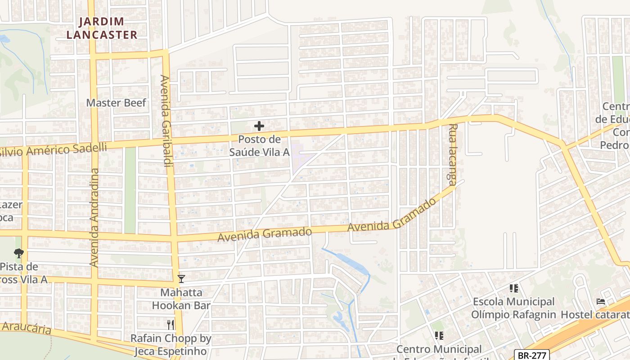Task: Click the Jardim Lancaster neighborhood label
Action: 108,28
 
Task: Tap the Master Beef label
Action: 116,103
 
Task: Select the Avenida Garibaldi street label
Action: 165,121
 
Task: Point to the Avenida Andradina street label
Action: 94,217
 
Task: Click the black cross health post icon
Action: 259,126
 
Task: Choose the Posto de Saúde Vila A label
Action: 259,146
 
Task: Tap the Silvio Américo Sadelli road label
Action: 54,150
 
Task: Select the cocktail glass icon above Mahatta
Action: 181,279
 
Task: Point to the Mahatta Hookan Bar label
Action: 181,299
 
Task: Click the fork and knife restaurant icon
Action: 170,324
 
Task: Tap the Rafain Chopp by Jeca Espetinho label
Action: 170,345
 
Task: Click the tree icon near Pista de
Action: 18,253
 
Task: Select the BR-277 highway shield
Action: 532,355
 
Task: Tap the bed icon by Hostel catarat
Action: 601,301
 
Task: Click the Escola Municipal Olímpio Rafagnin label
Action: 513,308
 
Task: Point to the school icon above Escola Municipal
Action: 513,288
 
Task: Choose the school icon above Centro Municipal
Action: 439,335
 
